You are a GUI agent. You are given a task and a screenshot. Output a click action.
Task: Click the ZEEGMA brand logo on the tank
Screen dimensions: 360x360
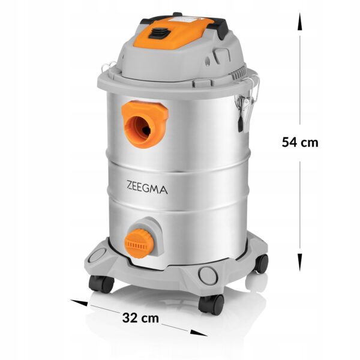(x=147, y=187)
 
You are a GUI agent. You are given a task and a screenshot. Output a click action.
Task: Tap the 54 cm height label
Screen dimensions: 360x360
(x=300, y=142)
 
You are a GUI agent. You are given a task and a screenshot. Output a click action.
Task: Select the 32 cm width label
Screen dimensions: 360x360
(x=140, y=318)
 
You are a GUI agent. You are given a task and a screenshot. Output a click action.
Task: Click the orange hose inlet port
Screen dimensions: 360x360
(x=145, y=124)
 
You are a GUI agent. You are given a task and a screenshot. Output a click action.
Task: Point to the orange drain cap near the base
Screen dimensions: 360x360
(x=139, y=244)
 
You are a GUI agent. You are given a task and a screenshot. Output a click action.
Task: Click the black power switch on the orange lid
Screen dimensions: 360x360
(x=158, y=33)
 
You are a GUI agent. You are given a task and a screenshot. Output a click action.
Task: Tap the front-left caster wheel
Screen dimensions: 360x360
(x=101, y=284)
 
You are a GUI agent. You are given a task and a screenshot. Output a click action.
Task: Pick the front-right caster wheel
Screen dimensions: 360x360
(x=211, y=304)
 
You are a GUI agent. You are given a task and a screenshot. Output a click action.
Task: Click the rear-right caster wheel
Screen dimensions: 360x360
(x=262, y=263)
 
